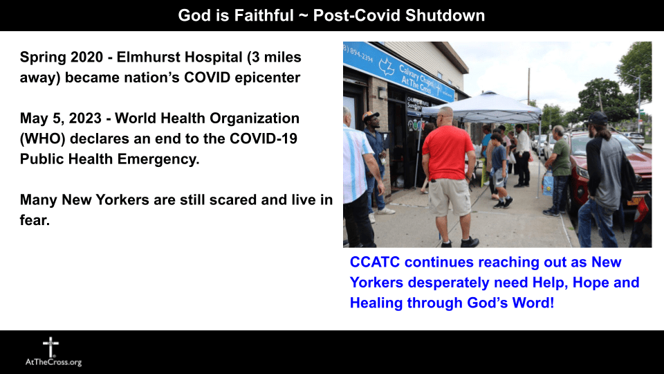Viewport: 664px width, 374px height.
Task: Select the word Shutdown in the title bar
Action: coord(445,15)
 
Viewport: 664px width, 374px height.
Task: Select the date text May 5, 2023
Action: coord(61,118)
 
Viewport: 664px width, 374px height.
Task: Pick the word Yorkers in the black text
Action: coord(122,199)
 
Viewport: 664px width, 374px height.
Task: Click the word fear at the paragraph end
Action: coord(35,220)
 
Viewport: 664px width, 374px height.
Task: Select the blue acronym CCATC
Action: coord(375,262)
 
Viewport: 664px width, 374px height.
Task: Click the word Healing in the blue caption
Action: coord(376,303)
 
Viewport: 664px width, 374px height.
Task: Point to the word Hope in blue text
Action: coord(591,283)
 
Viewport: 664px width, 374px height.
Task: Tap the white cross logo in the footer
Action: coord(50,347)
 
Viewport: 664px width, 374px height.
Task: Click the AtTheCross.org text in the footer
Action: coord(53,362)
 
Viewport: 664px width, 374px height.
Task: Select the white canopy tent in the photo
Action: coord(483,109)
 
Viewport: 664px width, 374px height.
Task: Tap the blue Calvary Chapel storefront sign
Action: coord(398,71)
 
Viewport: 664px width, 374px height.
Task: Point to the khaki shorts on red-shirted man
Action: coord(450,197)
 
